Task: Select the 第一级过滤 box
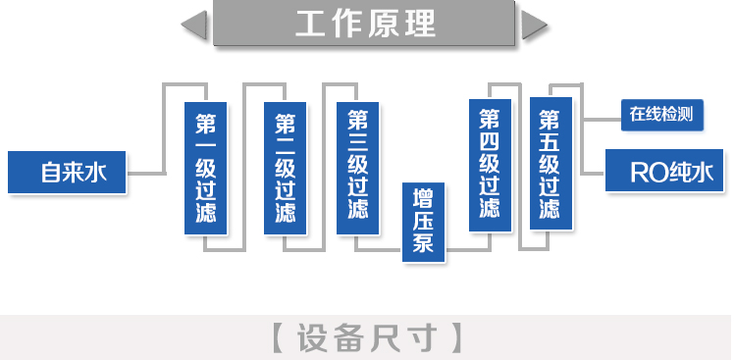pos(206,168)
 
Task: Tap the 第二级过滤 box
pos(286,168)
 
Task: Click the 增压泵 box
pos(424,222)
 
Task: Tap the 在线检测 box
pos(661,114)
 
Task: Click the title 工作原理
pos(366,24)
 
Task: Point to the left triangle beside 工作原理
pos(195,25)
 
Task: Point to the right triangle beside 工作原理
pos(535,25)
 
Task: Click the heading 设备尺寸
pos(366,336)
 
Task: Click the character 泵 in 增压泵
pos(424,244)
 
